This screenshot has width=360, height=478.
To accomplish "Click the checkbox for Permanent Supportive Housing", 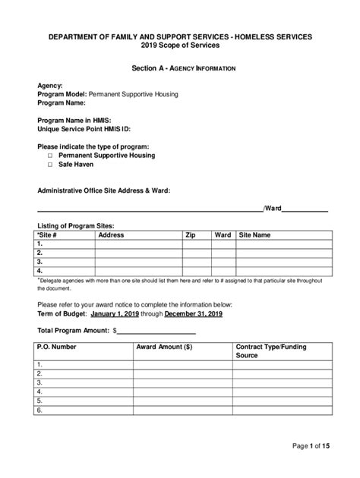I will tap(50, 156).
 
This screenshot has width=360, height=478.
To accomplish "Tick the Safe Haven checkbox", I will tap(50, 165).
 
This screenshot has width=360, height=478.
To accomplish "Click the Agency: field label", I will tap(51, 86).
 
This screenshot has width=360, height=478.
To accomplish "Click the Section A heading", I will tap(184, 69).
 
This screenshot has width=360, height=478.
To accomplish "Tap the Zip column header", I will tap(190, 235).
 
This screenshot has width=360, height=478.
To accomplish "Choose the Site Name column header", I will tap(254, 235).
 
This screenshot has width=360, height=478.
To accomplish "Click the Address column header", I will tap(111, 235).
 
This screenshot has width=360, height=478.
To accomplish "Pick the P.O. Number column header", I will tap(57, 346).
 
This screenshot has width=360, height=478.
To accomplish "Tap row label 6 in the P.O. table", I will tap(39, 410).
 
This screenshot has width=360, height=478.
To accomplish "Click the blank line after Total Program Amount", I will tap(156, 331).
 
